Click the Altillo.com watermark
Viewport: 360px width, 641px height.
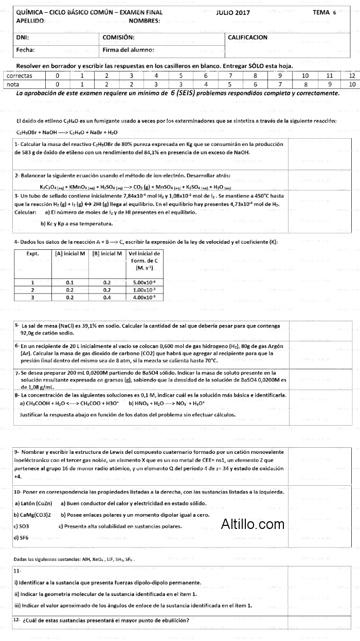pyautogui.click(x=253, y=524)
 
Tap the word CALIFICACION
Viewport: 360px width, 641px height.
pyautogui.click(x=247, y=38)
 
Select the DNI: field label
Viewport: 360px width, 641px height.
pyautogui.click(x=22, y=38)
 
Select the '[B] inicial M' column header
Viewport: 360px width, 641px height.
pyautogui.click(x=107, y=253)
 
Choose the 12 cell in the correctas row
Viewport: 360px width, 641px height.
pyautogui.click(x=352, y=76)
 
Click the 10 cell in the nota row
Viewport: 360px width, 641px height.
pyautogui.click(x=352, y=84)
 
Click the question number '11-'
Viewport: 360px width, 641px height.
pyautogui.click(x=17, y=571)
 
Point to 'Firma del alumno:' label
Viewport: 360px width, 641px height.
pyautogui.click(x=128, y=50)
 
